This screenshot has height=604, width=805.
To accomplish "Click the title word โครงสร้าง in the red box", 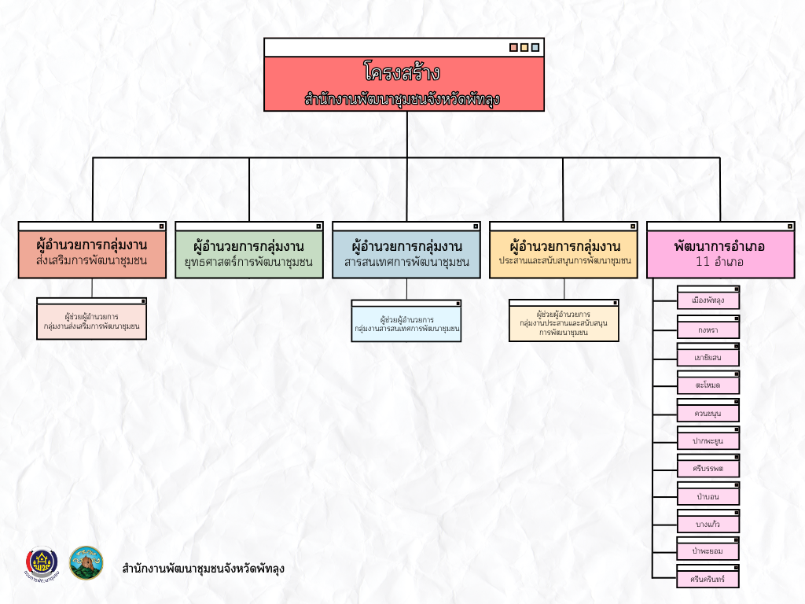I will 402,73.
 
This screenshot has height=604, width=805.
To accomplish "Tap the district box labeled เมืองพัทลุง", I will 708,300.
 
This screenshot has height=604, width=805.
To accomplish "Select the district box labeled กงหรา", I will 708,330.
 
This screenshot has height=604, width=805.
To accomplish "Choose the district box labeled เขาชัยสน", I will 708,358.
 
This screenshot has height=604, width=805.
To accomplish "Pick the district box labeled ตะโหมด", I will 708,386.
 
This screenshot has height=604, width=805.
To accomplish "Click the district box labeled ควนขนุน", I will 708,413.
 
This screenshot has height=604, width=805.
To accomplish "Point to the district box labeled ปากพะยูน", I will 708,441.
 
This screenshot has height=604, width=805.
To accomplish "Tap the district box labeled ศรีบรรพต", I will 708,469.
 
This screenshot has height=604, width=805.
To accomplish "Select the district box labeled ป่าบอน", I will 708,496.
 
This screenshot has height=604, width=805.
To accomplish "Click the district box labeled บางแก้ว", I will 708,524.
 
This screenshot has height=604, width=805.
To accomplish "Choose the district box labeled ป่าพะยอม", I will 708,551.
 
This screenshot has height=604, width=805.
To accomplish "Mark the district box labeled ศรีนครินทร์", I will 708,579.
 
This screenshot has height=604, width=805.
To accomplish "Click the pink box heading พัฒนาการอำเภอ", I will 719,245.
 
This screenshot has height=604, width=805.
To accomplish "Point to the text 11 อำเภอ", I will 719,262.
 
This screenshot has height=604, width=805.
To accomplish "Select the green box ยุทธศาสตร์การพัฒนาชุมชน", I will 248,253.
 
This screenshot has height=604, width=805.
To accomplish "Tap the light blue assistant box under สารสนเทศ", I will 406,323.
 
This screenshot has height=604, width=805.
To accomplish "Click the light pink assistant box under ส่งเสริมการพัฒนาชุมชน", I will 92,321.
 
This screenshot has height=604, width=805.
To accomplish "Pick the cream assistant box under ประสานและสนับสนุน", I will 564,323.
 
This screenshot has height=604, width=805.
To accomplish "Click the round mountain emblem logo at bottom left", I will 86,562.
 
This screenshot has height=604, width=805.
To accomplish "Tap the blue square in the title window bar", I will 535,47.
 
